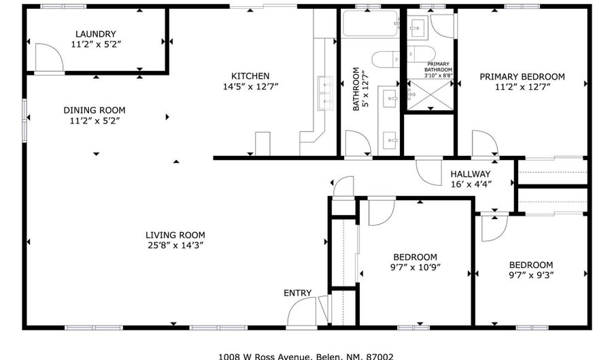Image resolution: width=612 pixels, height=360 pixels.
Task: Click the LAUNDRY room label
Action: pyautogui.click(x=95, y=34)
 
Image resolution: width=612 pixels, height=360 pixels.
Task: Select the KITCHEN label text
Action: pyautogui.click(x=250, y=76)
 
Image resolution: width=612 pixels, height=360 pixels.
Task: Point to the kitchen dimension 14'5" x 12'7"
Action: pyautogui.click(x=250, y=86)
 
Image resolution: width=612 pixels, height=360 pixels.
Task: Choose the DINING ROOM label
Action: pyautogui.click(x=95, y=110)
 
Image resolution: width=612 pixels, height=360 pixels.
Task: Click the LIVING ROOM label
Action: pyautogui.click(x=175, y=235)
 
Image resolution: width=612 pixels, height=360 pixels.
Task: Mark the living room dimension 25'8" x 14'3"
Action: pyautogui.click(x=175, y=245)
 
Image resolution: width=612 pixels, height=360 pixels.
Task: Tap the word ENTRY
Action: pyautogui.click(x=298, y=293)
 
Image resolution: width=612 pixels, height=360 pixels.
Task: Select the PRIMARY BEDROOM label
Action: pyautogui.click(x=522, y=77)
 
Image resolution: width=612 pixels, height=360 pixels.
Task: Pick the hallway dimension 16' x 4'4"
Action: pyautogui.click(x=471, y=184)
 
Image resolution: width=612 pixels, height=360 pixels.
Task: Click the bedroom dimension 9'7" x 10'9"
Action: pyautogui.click(x=415, y=267)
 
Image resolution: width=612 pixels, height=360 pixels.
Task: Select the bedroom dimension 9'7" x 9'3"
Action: pyautogui.click(x=530, y=275)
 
